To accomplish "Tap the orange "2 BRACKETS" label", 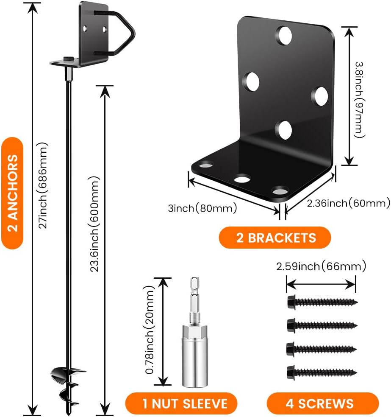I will pos(275,237).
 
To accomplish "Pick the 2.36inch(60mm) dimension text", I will pos(337,204).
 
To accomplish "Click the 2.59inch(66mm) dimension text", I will pos(321,266).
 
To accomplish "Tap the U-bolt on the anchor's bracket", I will pos(123,33).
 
